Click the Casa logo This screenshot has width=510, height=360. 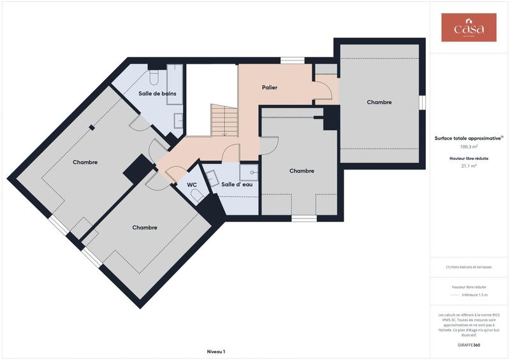coord(469,28)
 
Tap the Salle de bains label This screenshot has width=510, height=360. coord(157,94)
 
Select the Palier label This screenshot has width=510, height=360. coord(270,87)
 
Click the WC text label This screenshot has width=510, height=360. coord(192,185)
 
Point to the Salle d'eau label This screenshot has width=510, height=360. coord(237,185)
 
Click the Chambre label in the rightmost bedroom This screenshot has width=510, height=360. coord(379,102)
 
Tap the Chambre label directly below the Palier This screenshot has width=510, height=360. coord(302,171)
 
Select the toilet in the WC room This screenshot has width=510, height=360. coord(198,196)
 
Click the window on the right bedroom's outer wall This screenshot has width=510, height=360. coord(422,103)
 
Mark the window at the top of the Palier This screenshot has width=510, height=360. coord(292,61)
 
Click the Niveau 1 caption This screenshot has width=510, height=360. coord(216,352)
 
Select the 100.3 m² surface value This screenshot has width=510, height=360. coord(469,146)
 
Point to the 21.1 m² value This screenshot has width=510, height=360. coord(469,166)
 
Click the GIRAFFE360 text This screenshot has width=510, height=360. coord(469,345)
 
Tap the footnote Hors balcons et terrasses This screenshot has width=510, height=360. coord(469,267)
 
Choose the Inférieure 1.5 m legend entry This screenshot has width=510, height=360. coord(474,295)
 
